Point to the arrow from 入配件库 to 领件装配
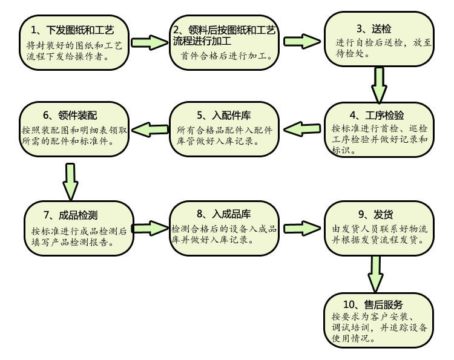pyautogui.click(x=148, y=128)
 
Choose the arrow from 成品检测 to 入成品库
pyautogui.click(x=149, y=229)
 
